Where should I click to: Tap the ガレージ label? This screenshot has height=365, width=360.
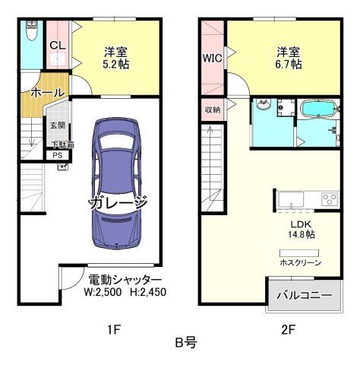118,205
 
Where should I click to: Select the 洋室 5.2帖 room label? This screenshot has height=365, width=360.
116,58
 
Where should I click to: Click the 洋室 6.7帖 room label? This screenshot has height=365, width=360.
288,58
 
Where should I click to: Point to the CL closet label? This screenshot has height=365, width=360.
57,46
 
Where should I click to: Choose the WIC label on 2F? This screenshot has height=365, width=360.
212,58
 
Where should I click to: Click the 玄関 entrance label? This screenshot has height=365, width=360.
57,125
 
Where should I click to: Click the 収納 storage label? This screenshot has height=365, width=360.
212,109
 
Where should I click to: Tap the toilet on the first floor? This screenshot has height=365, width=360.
31,32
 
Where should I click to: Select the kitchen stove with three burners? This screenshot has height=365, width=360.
330,200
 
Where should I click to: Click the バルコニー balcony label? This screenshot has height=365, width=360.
304,295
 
